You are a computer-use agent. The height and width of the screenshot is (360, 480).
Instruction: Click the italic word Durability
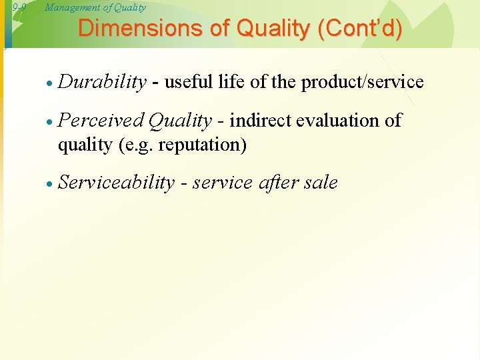pyautogui.click(x=102, y=82)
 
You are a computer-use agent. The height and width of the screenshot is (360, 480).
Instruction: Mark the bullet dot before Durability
pyautogui.click(x=50, y=83)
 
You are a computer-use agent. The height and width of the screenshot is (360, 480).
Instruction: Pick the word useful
pyautogui.click(x=187, y=82)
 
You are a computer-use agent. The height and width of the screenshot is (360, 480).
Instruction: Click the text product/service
pyautogui.click(x=362, y=82)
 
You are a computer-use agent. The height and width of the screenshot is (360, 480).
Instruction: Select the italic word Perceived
pyautogui.click(x=101, y=121)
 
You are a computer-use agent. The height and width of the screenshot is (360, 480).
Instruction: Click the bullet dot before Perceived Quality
pyautogui.click(x=50, y=122)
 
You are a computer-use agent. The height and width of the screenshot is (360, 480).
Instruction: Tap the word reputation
pyautogui.click(x=201, y=145)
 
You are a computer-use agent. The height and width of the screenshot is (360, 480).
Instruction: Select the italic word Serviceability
pyautogui.click(x=117, y=183)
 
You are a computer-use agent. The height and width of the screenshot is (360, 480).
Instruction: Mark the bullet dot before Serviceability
pyautogui.click(x=50, y=184)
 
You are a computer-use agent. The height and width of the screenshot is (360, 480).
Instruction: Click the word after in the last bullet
pyautogui.click(x=277, y=183)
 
